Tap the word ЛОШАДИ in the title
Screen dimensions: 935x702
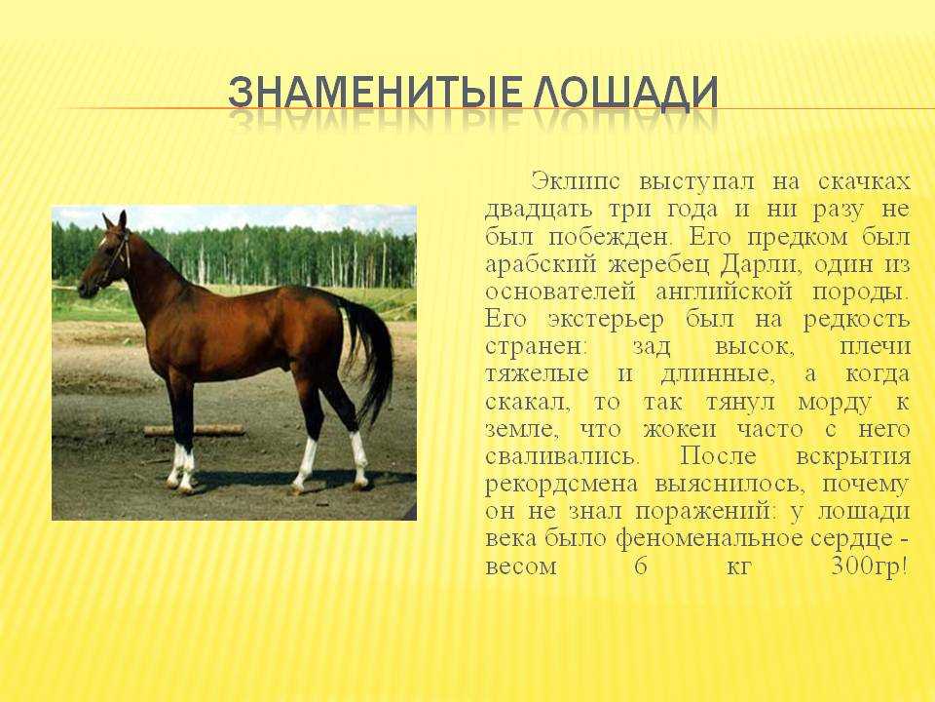pos(625,94)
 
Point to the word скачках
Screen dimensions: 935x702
pos(864,181)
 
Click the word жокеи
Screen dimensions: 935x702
pos(679,429)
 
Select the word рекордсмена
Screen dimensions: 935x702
pos(561,484)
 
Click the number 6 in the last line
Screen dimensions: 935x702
pos(641,565)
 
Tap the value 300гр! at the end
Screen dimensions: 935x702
pos(871,565)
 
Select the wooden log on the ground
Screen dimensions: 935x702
pos(195,430)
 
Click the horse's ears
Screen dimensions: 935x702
pos(115,220)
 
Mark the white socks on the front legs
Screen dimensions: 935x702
pos(181,467)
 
